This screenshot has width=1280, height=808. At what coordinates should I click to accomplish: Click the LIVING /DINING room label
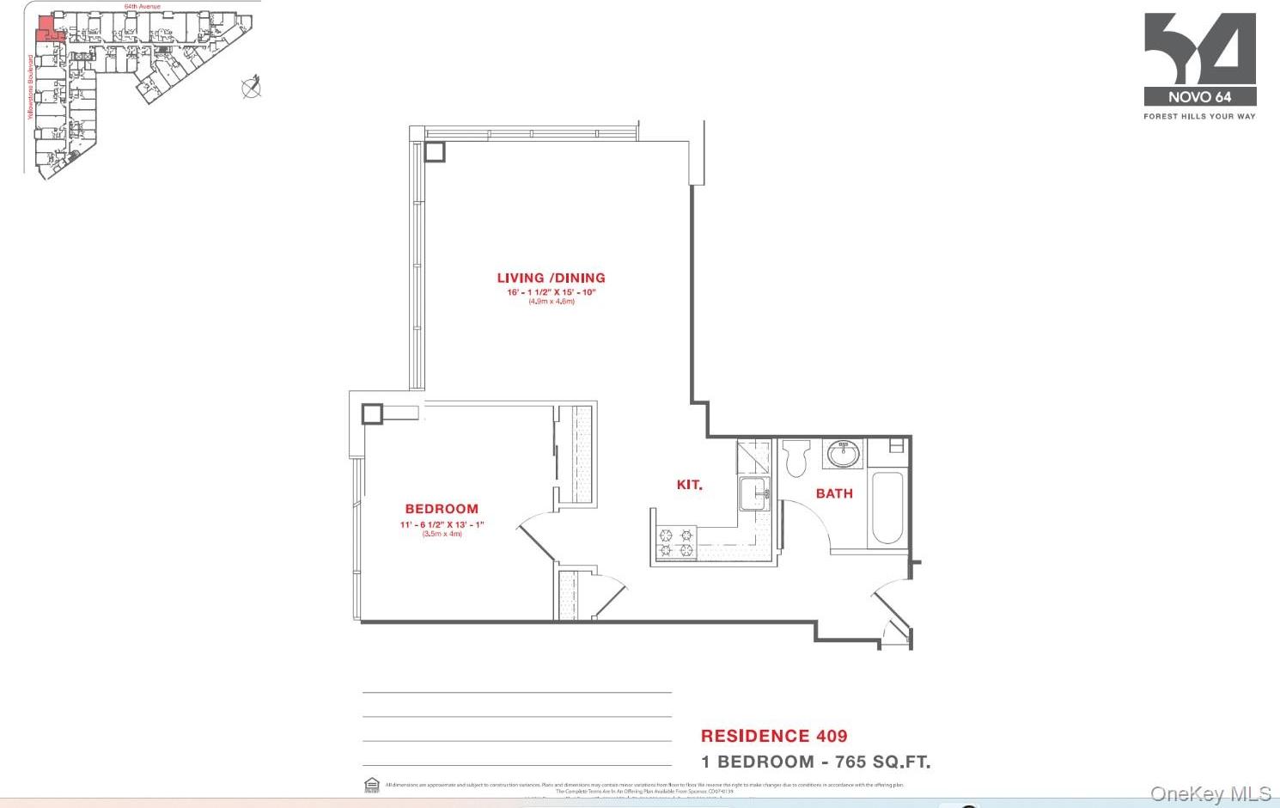pos(551,278)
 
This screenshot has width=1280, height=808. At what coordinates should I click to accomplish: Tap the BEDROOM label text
pos(442,509)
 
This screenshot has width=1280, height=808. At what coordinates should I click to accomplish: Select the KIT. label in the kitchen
pos(689,485)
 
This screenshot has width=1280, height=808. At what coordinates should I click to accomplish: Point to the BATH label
pos(834,493)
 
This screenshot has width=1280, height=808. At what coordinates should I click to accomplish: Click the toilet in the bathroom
pos(796,457)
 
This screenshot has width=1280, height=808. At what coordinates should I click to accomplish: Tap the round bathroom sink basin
pos(843,454)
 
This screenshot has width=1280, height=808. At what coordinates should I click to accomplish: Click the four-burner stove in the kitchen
pos(676,543)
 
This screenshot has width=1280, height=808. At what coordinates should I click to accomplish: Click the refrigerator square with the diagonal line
pos(753,456)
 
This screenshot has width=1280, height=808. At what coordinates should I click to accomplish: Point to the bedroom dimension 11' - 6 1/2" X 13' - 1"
pos(442,524)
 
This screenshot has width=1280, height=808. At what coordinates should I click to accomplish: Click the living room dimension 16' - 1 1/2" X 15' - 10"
pos(551,292)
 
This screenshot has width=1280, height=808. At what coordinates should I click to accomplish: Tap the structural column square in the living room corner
pos(435,151)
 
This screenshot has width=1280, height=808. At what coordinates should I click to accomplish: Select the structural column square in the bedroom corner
pos(371,413)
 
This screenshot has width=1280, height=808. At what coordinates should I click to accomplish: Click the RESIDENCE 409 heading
pos(774,736)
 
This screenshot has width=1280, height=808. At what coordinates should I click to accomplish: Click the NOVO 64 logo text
pos(1199,97)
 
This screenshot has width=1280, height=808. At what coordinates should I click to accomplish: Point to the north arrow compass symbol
pos(251,87)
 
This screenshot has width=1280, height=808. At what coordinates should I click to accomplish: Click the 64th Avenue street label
pos(142,6)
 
